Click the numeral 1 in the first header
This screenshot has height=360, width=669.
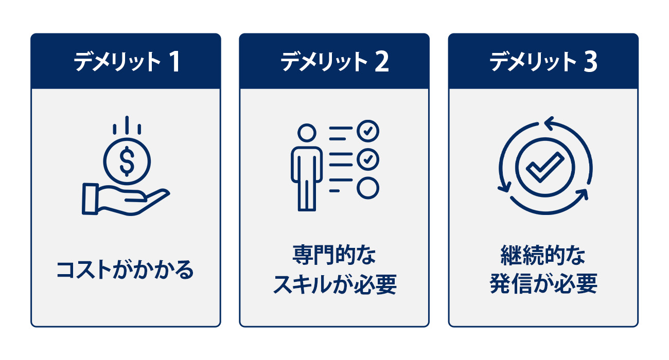click(175, 62)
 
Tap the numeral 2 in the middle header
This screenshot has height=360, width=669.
click(382, 62)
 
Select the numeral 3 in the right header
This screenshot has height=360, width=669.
click(590, 62)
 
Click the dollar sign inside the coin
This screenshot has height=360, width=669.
click(127, 161)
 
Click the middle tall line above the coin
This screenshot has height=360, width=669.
click(127, 125)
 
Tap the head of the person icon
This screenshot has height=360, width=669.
click(307, 133)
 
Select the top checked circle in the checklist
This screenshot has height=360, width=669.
click(368, 131)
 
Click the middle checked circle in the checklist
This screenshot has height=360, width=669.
click(368, 159)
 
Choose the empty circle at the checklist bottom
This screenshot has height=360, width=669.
click(368, 188)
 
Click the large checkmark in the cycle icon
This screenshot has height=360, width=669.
click(545, 167)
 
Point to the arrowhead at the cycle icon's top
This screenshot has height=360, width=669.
click(549, 123)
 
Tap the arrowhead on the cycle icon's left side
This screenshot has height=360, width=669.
click(505, 187)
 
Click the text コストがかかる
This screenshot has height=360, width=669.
click(125, 270)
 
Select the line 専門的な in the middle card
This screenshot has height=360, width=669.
click(334, 255)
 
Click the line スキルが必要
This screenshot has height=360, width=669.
click(335, 284)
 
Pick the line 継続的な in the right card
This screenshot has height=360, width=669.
click(543, 255)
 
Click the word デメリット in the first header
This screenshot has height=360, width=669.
click(117, 62)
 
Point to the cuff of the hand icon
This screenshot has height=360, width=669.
click(91, 199)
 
